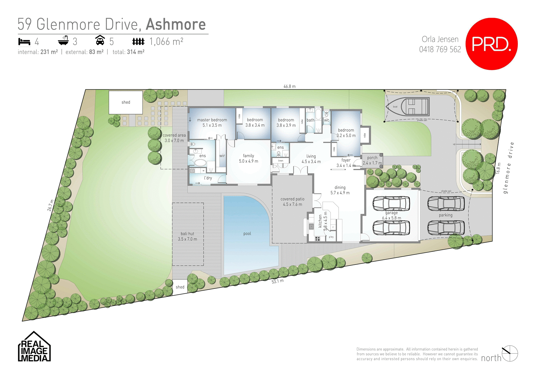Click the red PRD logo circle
coord(491,44)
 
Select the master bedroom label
coord(212,120)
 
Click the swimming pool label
coord(247,234)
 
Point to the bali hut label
coord(187,234)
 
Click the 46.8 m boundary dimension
coord(289,86)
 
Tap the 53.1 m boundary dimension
coord(277,281)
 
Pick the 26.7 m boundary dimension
coord(50,205)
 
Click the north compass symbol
coord(510,354)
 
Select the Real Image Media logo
coord(34,347)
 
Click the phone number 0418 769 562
coord(440,49)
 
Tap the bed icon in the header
coord(24,42)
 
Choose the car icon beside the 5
coord(100,40)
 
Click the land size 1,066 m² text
coord(166,42)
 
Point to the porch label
coord(372,158)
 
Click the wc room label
coord(326,120)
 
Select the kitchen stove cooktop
coord(317,239)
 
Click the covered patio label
coord(292,199)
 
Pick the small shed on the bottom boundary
coord(180,287)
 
